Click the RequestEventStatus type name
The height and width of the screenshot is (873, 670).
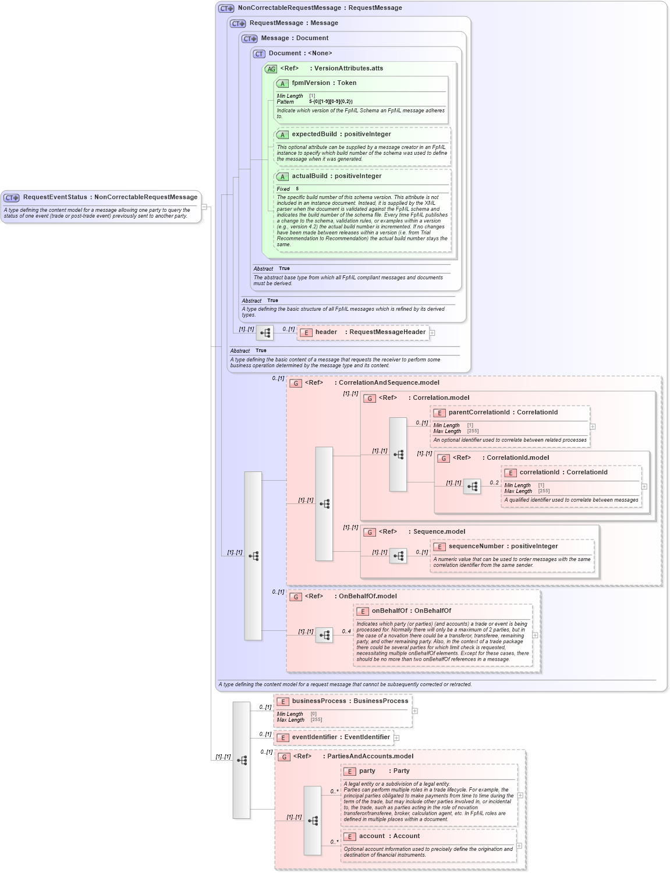point(55,197)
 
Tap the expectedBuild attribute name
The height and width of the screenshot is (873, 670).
point(314,134)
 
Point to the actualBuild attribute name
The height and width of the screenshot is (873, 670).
point(309,176)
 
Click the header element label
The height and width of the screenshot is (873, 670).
point(326,332)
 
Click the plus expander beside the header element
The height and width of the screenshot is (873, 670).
point(432,333)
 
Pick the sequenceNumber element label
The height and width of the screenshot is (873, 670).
point(476,546)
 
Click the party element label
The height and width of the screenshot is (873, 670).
point(367,771)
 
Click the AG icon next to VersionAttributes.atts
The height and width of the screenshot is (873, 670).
point(271,69)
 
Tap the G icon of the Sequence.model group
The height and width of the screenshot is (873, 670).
point(370,532)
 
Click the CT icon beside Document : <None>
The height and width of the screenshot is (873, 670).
point(259,54)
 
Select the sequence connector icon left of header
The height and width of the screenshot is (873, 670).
point(265,333)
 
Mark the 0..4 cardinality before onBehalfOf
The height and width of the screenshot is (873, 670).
point(346,631)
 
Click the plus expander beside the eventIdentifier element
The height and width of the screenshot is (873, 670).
point(396,738)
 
